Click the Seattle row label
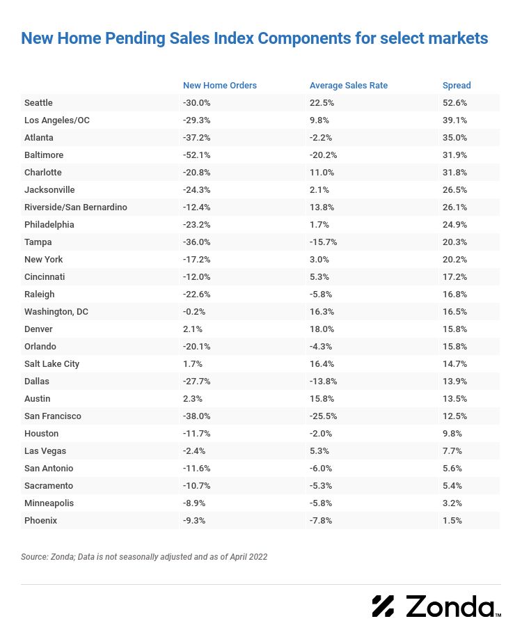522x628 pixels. point(38,103)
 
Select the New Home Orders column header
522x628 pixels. point(220,86)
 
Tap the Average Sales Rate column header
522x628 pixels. point(349,86)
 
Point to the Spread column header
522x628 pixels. point(457,86)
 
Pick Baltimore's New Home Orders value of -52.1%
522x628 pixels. point(196,155)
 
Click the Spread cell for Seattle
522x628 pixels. point(455,103)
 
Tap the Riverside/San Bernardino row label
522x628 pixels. point(76,207)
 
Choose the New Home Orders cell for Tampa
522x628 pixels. point(196,242)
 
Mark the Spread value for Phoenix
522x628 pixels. point(452,521)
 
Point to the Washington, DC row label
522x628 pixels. point(56,312)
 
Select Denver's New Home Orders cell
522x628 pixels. point(192,329)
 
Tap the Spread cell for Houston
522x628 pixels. point(452,434)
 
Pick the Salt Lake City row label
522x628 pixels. point(52,364)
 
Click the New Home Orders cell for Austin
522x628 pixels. point(192,399)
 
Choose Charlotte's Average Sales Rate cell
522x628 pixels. point(321,173)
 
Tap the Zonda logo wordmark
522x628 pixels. point(449,606)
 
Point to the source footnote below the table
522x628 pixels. point(144,557)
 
